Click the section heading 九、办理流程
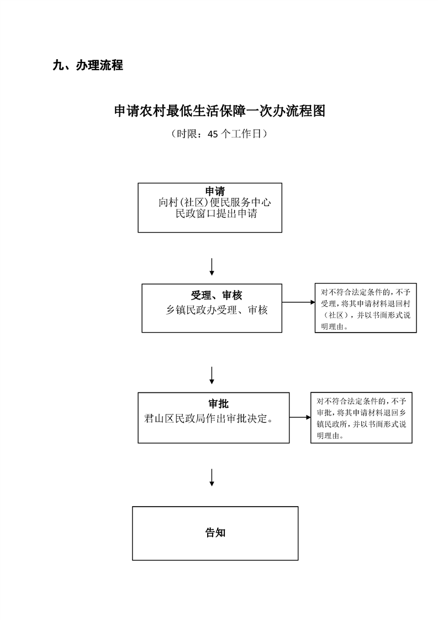pos(88,65)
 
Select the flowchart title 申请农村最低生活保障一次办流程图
pos(219,111)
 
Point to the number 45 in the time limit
pos(213,134)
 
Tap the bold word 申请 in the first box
pos(215,191)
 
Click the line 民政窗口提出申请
pos(216,214)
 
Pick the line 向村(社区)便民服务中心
pos(215,202)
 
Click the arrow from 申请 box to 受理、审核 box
pos(212,267)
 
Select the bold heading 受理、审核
pos(216,296)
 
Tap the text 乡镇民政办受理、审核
pos(217,310)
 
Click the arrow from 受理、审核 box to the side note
pos(298,302)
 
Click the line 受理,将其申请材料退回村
pos(366,304)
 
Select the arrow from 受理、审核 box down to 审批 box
pos(212,375)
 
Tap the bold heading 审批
pos(219,404)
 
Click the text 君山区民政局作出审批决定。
pos(209,418)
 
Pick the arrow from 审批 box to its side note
pos(300,417)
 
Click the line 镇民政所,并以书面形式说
pos(361,424)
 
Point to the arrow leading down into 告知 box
pos(212,477)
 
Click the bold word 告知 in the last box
pos(215,533)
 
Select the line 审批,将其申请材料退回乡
pos(361,413)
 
